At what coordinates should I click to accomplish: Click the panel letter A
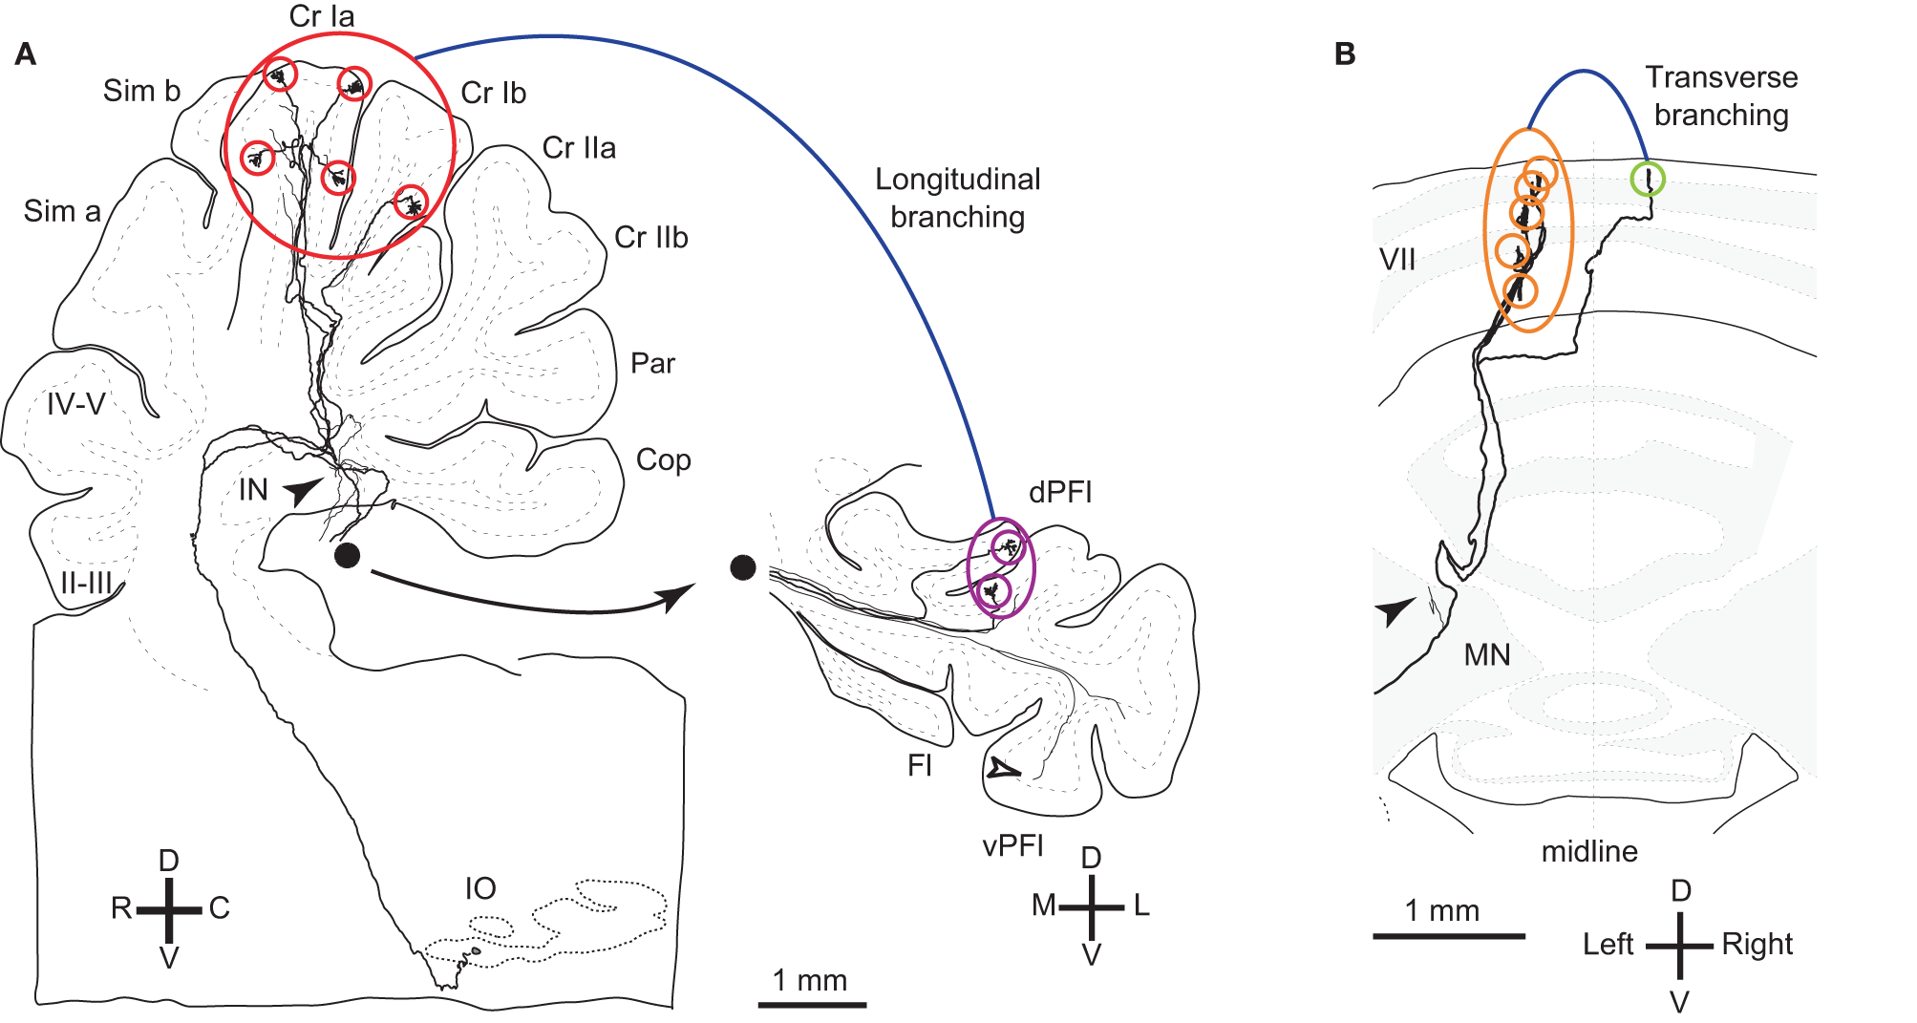(x=26, y=53)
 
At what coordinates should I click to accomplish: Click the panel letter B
(x=1345, y=54)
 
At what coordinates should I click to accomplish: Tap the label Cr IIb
(x=650, y=237)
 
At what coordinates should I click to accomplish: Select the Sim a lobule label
(x=62, y=211)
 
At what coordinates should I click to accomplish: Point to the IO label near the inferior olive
(x=480, y=888)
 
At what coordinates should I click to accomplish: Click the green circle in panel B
(x=1648, y=179)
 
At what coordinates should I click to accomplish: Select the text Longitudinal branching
(x=958, y=198)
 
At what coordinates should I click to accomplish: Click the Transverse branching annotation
(x=1721, y=96)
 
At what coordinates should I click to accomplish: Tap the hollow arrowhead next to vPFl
(x=1002, y=769)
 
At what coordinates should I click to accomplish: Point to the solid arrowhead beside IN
(x=304, y=490)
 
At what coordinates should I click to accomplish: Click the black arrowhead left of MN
(x=1395, y=609)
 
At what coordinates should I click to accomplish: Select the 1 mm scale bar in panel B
(x=1449, y=935)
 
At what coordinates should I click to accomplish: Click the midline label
(x=1589, y=851)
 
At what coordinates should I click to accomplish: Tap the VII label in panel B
(x=1397, y=259)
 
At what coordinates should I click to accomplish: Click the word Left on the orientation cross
(x=1608, y=944)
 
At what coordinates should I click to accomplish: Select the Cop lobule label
(x=663, y=459)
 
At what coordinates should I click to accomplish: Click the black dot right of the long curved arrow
(x=743, y=567)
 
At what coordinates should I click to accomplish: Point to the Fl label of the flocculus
(x=920, y=765)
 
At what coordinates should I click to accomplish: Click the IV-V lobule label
(x=76, y=404)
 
